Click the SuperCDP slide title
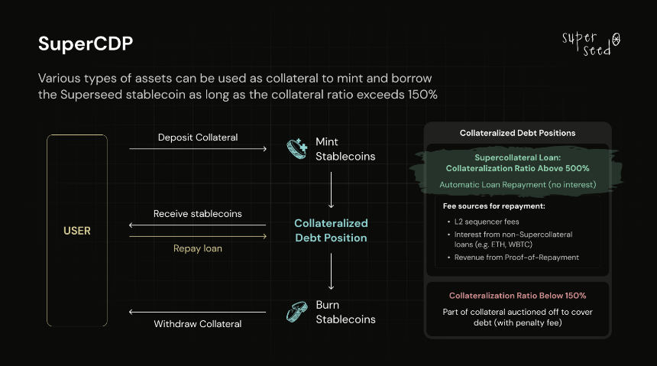pos(86,44)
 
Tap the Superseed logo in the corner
pos(591,44)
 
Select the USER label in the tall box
pos(77,231)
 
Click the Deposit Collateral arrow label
pos(198,137)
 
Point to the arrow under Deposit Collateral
pos(198,148)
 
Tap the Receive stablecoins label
pos(198,213)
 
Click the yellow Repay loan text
pos(198,248)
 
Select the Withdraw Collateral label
pos(198,324)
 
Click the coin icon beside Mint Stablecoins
pos(297,149)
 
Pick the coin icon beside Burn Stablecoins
pos(296,312)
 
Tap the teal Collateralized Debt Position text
pos(331,230)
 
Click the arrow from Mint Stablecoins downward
pos(331,190)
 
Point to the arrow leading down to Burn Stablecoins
pos(331,271)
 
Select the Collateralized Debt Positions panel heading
pos(517,133)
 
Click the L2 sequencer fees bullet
pos(487,222)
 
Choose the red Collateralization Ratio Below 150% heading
pos(517,296)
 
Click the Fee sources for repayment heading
pos(494,206)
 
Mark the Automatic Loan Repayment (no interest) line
pos(517,184)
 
